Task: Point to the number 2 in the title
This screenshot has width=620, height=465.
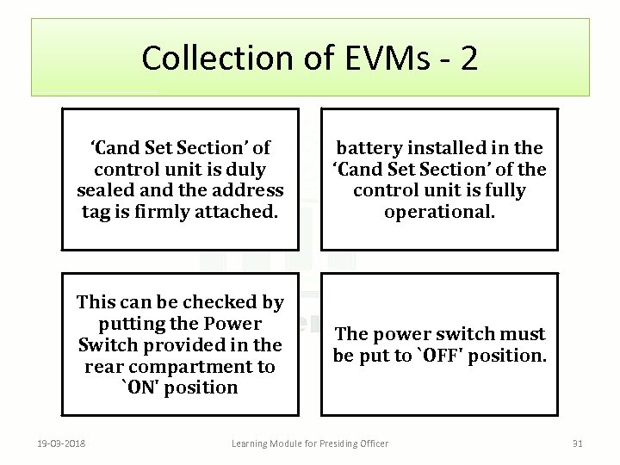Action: [468, 58]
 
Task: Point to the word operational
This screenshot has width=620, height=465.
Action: [440, 211]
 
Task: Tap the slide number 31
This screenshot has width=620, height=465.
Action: [578, 443]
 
